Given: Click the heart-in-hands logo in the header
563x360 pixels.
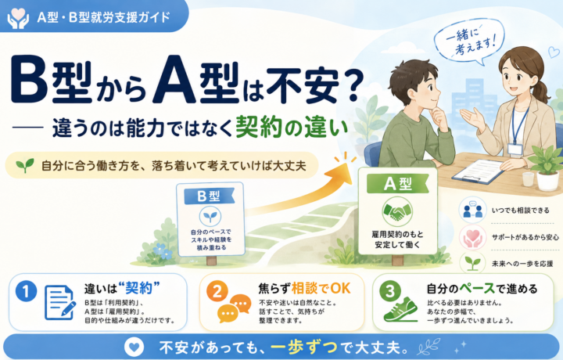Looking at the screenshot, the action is coord(17,18).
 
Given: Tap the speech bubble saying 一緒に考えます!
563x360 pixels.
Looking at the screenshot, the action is coord(469,41).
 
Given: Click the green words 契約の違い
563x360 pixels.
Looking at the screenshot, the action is coord(292,128).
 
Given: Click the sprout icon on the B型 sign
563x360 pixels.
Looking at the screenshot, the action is coord(210,216).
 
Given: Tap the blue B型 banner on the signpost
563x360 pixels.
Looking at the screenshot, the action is coord(210,196).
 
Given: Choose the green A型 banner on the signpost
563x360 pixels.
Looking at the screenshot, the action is coord(398,184).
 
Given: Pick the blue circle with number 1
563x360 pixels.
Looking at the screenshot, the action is coord(26,291).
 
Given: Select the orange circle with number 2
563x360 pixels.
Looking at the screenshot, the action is coord(217,291).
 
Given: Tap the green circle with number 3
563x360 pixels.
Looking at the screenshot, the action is coord(390,290).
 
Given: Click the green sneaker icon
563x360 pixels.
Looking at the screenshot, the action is coord(400,309).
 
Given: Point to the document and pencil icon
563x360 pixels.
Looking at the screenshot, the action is coord(60,303).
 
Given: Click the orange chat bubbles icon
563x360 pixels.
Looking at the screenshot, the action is coord(234,308).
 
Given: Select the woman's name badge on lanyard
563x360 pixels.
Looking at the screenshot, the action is coord(515,149).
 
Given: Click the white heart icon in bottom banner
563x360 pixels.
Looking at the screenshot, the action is coord(134,347).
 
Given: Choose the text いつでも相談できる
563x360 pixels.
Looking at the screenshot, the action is coord(520,211).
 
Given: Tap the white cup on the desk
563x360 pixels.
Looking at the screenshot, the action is coord(528,179).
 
